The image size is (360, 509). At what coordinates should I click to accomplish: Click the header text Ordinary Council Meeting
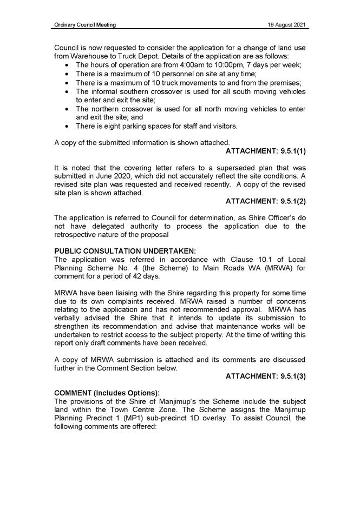85,25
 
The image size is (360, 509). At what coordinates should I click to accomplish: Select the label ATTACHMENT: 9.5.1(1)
266,151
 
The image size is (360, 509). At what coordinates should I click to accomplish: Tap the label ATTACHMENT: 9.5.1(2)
266,201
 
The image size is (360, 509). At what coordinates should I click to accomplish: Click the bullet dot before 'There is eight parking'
66,127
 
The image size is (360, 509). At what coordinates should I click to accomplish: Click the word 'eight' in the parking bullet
116,127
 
